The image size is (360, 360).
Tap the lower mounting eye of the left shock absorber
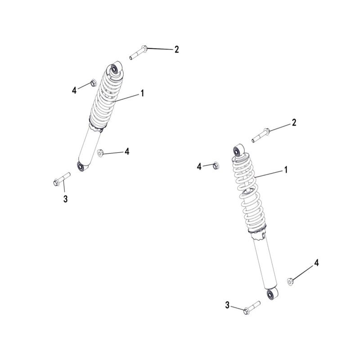[x=82, y=167]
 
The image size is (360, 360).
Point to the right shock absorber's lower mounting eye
[x=271, y=295]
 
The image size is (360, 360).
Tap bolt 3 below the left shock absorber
[x=62, y=179]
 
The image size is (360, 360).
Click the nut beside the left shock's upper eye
[x=93, y=83]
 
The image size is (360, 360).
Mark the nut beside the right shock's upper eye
[x=215, y=165]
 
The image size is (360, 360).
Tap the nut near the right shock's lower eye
[x=291, y=282]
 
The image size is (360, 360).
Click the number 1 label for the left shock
[x=142, y=93]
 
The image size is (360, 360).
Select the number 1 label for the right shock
[x=285, y=170]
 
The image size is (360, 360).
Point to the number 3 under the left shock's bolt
[x=65, y=198]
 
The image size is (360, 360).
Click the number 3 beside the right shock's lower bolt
[x=227, y=306]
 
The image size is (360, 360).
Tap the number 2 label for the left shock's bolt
[x=177, y=49]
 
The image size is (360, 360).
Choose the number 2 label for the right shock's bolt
[x=294, y=122]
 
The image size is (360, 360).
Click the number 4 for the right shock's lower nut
[x=316, y=263]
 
